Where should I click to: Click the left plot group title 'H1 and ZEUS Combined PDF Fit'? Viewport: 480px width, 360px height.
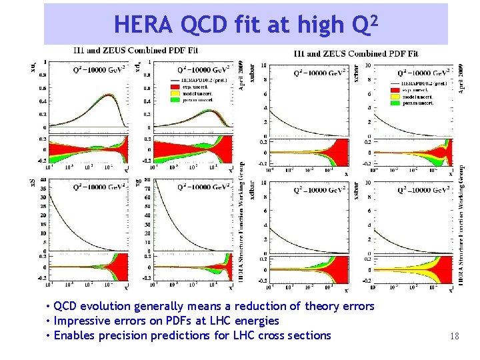click(135, 51)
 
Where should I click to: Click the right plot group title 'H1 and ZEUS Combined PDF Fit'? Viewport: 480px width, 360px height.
click(355, 53)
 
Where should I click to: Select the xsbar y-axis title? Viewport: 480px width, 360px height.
click(357, 191)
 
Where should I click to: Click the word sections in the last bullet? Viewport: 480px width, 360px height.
click(309, 335)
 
